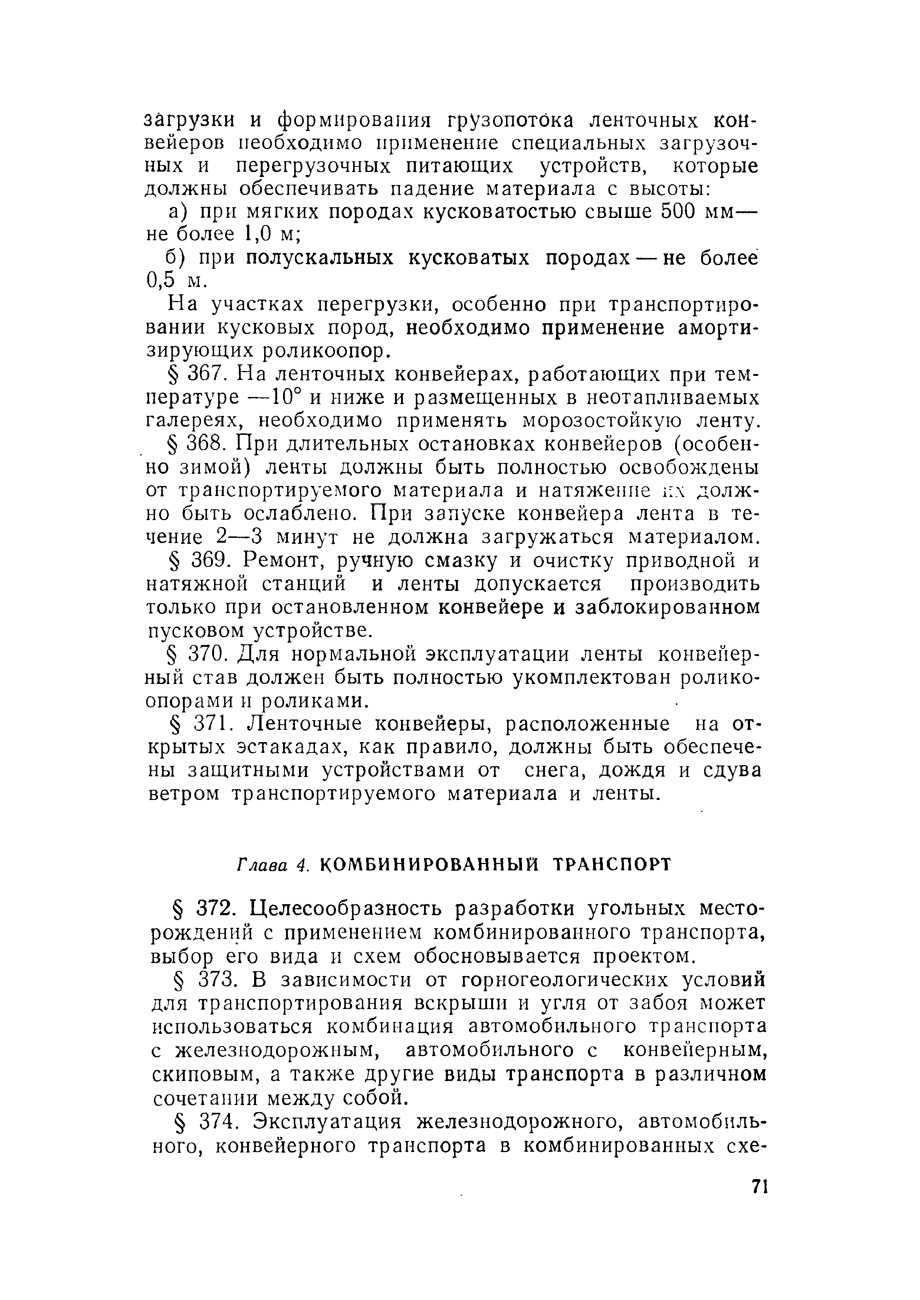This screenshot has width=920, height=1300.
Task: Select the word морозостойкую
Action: [x=594, y=421]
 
